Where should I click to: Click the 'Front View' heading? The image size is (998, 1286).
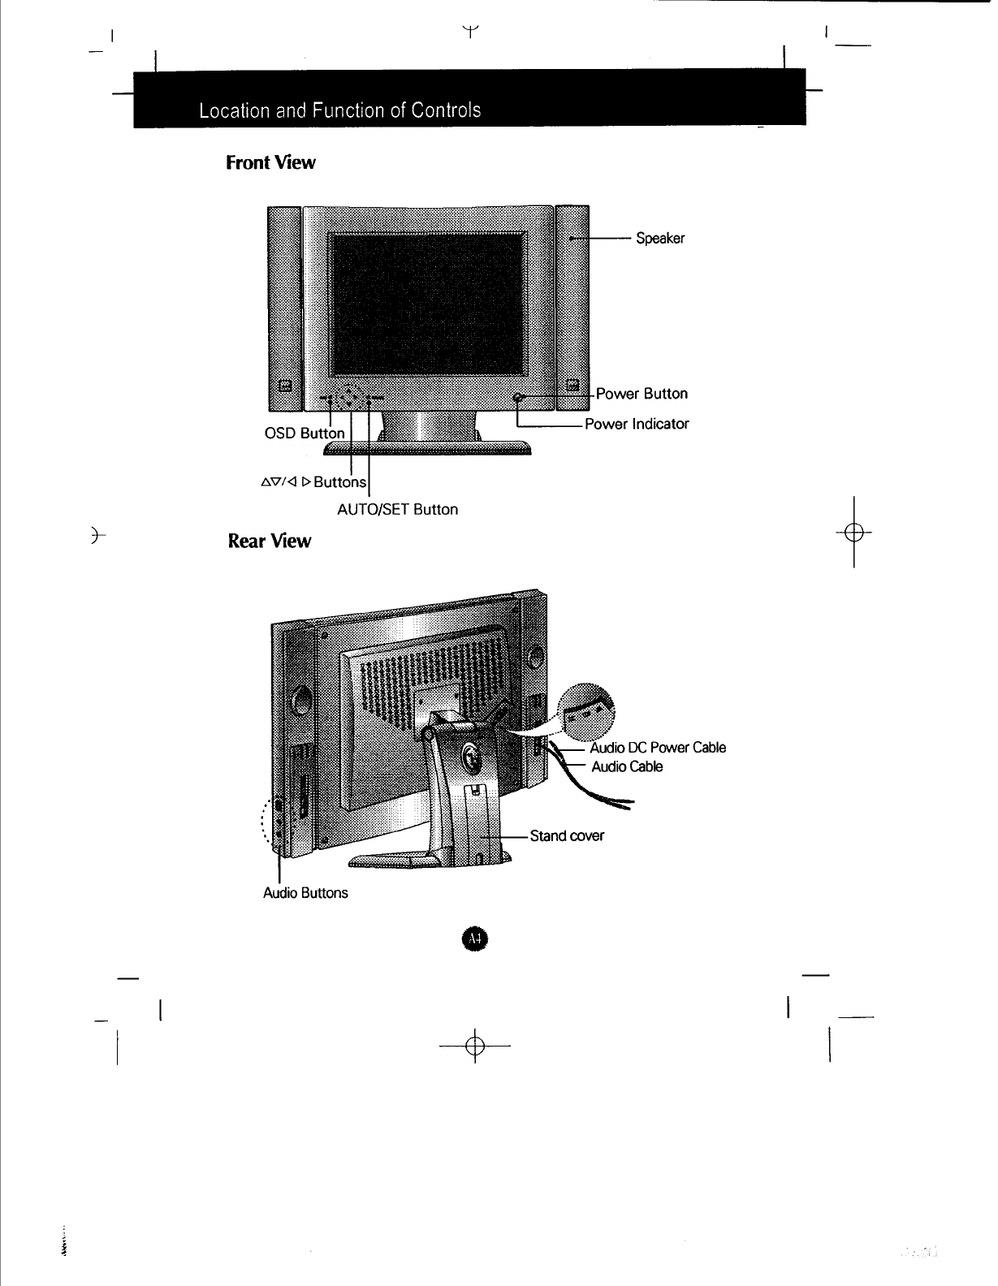tap(270, 162)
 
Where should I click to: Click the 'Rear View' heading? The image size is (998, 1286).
tap(269, 541)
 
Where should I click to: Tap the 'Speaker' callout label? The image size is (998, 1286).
tap(660, 238)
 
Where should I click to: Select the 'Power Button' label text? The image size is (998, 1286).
tap(642, 394)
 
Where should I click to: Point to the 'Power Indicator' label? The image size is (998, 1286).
tap(637, 424)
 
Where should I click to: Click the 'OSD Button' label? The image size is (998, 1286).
tap(305, 434)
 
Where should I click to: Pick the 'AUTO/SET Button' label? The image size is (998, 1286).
tap(397, 510)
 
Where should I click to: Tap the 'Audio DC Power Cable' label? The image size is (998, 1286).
tap(658, 748)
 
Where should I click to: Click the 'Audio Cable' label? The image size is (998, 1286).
tap(627, 767)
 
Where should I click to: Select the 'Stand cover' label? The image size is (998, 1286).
tap(567, 836)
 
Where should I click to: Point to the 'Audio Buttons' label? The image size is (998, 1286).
tap(305, 893)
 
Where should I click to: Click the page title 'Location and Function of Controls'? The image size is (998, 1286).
tap(339, 110)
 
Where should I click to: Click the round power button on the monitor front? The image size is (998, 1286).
tap(520, 397)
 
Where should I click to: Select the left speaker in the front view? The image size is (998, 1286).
tap(284, 309)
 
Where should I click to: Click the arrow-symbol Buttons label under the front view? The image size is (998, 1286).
tap(313, 482)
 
